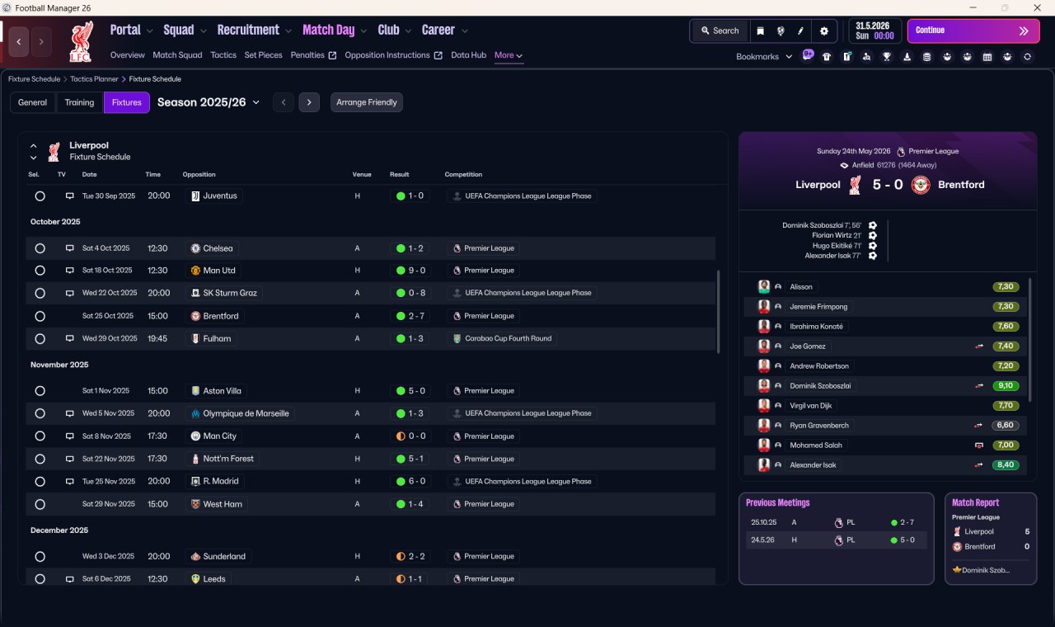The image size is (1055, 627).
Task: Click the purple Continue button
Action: point(973,31)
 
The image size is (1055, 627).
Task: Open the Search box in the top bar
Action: point(720,31)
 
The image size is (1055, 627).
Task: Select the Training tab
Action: point(79,102)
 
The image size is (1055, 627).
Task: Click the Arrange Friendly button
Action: point(367,102)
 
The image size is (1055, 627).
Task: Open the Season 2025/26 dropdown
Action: point(209,102)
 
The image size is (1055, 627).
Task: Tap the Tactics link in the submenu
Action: point(223,55)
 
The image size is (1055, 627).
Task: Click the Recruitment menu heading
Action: point(248,31)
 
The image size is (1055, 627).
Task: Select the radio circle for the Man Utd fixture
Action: point(40,271)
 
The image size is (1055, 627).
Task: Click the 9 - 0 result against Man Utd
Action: point(410,271)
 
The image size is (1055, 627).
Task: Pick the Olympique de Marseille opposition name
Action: point(246,413)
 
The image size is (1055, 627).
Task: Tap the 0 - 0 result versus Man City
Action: point(410,436)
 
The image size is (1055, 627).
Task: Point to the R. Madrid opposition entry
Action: point(220,481)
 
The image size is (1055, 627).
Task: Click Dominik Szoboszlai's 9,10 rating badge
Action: point(1006,385)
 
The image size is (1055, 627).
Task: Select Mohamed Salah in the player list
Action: point(816,445)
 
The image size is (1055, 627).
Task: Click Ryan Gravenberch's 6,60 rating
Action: point(1006,425)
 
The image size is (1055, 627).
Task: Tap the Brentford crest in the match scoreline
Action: point(921,185)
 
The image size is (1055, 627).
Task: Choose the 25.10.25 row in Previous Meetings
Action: point(836,522)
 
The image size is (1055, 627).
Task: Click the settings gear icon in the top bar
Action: point(823,31)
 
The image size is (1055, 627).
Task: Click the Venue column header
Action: point(362,174)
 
